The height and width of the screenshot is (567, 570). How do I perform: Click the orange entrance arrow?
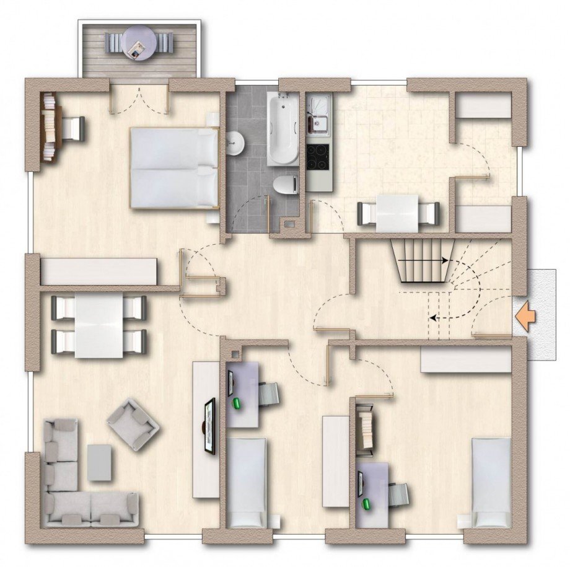[x=526, y=317]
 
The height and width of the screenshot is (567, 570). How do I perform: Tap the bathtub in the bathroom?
[x=283, y=128]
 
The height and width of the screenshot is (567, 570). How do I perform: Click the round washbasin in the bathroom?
[x=235, y=143]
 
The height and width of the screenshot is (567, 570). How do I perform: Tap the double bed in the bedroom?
[x=174, y=167]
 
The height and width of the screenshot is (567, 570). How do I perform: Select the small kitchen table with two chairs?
[x=398, y=213]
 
